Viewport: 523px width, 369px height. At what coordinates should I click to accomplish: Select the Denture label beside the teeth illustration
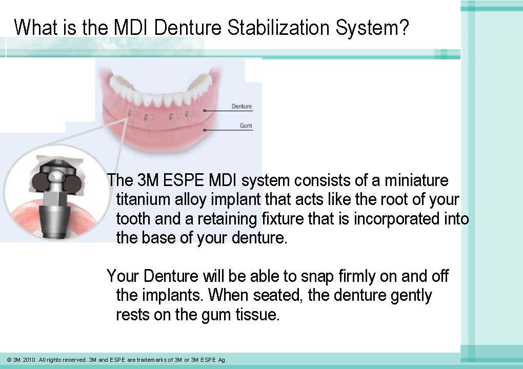coord(242,106)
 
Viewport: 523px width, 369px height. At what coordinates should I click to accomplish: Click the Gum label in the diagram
coord(246,126)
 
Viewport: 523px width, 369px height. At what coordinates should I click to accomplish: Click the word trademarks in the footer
coord(154,360)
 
